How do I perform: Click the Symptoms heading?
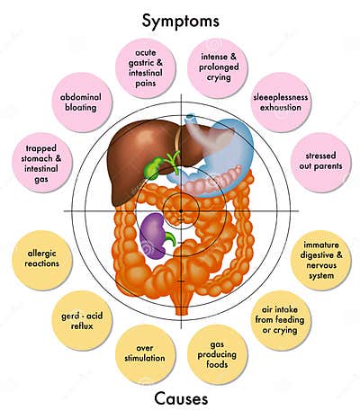tap(180, 19)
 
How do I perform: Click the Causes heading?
tap(180, 397)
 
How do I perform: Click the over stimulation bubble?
tap(144, 354)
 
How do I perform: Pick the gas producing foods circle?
tap(217, 354)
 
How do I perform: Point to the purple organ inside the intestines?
tap(157, 236)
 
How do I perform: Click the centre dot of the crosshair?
tap(181, 209)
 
